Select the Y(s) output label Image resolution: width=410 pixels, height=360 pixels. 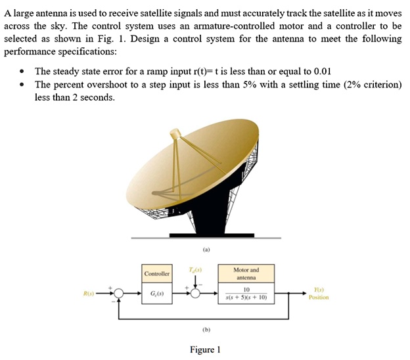pyautogui.click(x=318, y=288)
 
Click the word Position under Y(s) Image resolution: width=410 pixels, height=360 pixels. pyautogui.click(x=319, y=297)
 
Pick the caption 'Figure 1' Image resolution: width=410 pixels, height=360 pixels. pyautogui.click(x=205, y=349)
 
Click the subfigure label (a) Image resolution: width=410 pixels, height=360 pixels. pyautogui.click(x=206, y=250)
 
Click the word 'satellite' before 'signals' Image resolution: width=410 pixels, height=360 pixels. pyautogui.click(x=191, y=13)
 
